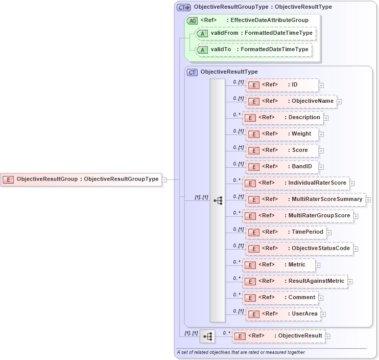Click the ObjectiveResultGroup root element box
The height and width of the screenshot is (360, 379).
coord(81,179)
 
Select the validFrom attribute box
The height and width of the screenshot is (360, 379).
coord(256,33)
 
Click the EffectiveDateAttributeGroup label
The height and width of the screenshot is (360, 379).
coord(269,20)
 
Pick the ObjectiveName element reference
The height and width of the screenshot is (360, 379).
coord(291,101)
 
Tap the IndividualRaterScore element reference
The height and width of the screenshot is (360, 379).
coord(295,183)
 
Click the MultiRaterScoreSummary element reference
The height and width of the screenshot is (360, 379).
coord(305,199)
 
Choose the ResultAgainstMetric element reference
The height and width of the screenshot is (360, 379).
coord(295,281)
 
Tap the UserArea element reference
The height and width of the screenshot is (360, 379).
coord(283,314)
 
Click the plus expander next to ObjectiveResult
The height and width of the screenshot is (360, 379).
coord(328,336)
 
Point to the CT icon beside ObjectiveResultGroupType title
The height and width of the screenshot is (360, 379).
coord(183,8)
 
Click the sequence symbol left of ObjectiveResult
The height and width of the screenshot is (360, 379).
coord(207,336)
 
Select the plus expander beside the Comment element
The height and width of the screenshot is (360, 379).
coord(320,298)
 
